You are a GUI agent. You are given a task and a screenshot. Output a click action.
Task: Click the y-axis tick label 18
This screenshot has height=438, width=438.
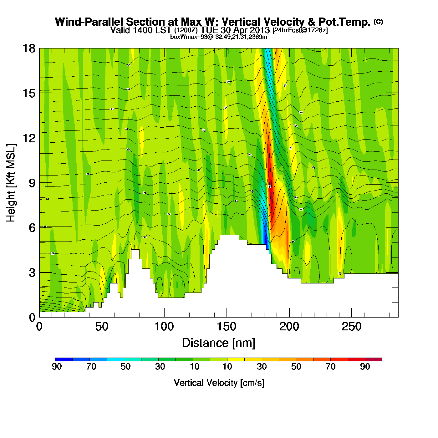(28, 48)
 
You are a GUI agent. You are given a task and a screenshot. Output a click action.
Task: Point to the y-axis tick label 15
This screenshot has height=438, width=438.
(28, 93)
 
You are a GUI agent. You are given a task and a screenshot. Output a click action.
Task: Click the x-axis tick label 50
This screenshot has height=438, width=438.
(102, 327)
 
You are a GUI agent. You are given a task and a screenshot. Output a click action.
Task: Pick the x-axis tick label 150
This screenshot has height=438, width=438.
(227, 327)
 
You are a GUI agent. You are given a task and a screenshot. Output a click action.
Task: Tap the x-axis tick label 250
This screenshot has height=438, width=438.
(352, 327)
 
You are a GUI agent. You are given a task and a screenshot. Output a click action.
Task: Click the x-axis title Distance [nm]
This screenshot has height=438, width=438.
(219, 343)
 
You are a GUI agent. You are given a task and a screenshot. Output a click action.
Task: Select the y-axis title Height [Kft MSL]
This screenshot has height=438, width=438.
(11, 183)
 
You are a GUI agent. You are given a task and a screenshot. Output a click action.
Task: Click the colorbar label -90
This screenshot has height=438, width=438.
(55, 367)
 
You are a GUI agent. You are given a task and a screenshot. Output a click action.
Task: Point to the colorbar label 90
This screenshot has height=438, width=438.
(365, 367)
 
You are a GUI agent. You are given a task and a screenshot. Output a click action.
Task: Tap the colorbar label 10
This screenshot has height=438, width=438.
(227, 367)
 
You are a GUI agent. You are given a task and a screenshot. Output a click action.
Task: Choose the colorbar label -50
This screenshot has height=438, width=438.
(124, 367)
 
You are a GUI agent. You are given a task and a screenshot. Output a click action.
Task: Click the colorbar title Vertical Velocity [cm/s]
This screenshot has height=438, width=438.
(219, 383)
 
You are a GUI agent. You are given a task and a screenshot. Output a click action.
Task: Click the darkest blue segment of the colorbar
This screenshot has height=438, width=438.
(64, 359)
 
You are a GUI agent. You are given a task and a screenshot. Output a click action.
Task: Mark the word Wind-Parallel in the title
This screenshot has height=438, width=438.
(89, 22)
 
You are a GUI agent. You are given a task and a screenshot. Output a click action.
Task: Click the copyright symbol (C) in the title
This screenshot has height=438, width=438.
(378, 22)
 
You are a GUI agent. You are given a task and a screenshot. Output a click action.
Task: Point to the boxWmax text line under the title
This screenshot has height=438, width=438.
(219, 37)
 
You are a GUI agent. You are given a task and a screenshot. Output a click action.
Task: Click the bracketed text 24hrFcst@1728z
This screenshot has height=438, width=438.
(300, 30)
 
